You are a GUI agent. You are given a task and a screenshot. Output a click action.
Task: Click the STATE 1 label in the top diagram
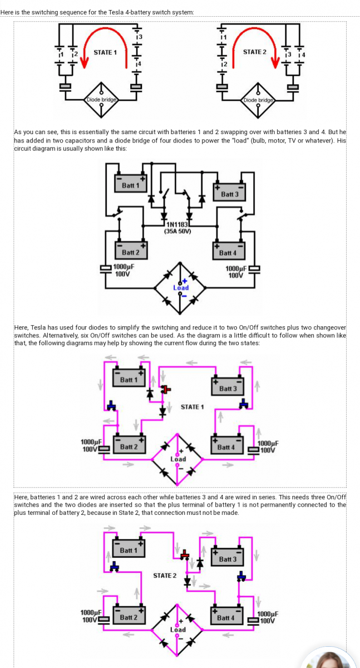[x=105, y=52]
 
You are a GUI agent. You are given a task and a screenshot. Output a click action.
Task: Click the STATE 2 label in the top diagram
[x=254, y=52]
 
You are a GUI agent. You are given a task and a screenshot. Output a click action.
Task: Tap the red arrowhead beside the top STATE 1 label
[x=85, y=62]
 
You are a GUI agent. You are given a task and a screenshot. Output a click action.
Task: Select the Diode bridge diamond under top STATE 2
[x=258, y=100]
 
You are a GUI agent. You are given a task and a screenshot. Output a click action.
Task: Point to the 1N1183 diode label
[x=177, y=224]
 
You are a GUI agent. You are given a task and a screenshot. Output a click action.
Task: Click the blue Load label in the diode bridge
[x=181, y=288]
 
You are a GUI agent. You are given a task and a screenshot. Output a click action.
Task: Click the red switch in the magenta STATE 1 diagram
[x=166, y=389]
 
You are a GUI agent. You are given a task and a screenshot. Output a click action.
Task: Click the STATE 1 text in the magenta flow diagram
[x=192, y=407]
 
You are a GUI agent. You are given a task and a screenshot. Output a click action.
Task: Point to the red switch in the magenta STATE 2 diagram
[x=185, y=555]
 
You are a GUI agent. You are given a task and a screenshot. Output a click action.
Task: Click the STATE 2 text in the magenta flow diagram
[x=165, y=576]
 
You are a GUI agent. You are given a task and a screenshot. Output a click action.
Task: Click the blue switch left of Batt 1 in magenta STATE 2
[x=115, y=566]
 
